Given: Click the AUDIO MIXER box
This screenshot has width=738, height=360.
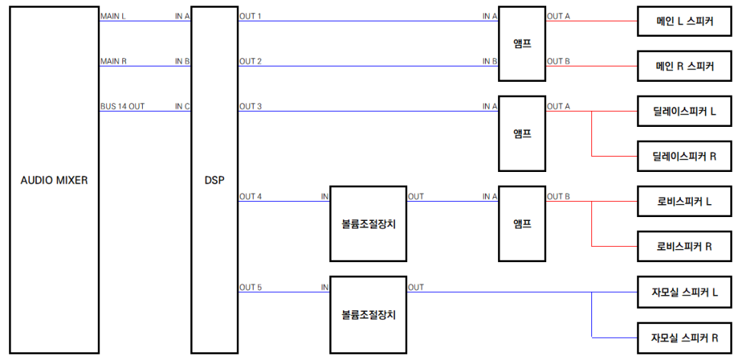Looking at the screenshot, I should (x=54, y=180).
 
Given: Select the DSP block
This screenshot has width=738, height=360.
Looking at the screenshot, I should (x=214, y=180).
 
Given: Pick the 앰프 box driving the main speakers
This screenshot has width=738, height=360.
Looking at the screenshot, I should (x=522, y=44).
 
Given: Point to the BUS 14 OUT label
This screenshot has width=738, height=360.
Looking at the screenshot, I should (x=122, y=106).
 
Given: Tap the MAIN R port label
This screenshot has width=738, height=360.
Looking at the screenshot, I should (x=113, y=61).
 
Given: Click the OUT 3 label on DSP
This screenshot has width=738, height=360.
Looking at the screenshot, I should (x=251, y=106).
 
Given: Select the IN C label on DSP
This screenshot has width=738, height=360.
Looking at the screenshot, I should (x=182, y=106).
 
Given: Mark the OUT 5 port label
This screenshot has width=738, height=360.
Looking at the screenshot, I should (x=251, y=287).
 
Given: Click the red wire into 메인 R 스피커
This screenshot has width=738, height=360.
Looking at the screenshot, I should (x=592, y=66).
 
